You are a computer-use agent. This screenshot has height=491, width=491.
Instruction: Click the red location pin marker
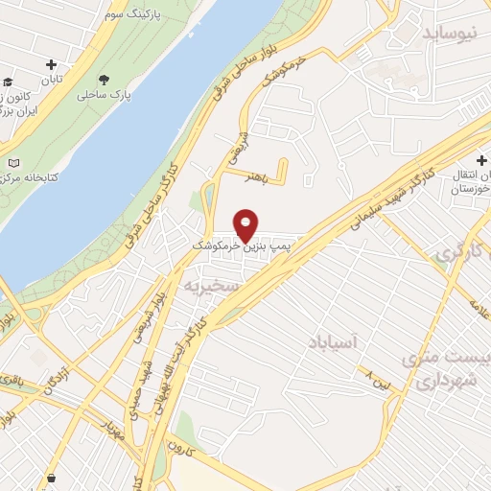coord(246,225)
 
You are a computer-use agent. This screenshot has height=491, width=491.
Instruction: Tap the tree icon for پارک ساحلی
coord(104,80)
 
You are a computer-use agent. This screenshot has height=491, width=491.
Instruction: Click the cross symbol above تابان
coord(52,64)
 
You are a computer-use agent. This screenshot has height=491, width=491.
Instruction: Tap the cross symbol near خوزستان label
coord(481,160)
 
